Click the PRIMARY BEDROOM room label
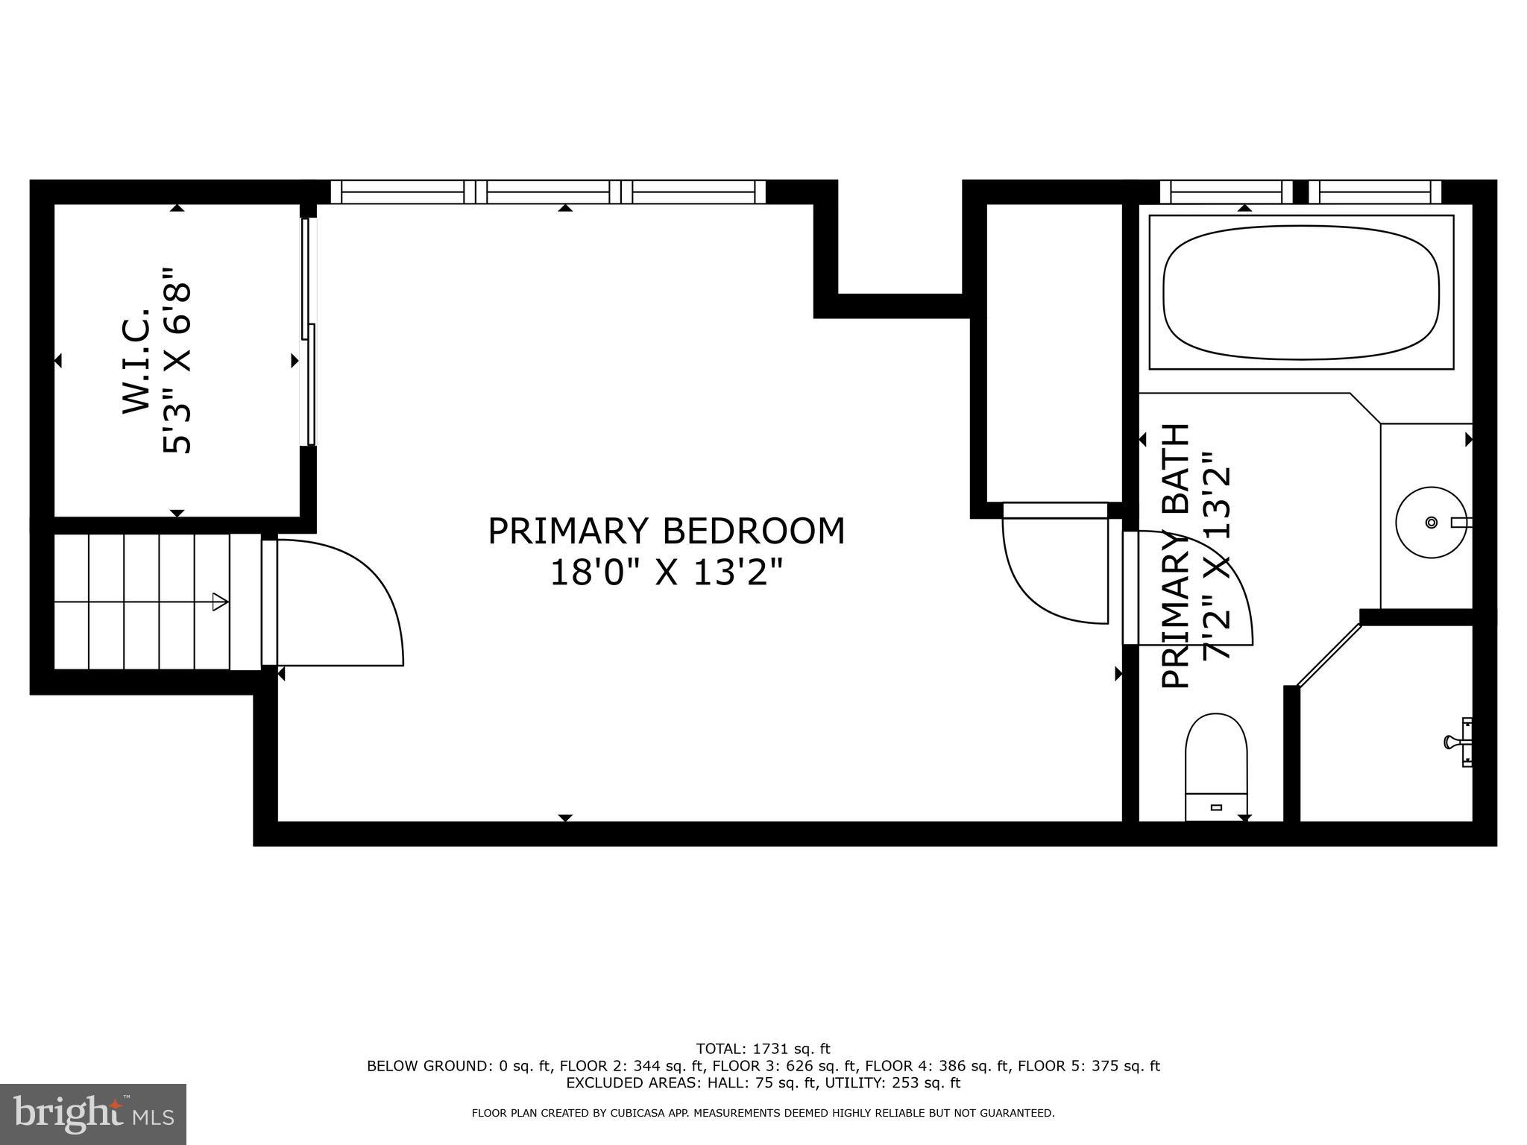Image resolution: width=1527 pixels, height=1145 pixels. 666,532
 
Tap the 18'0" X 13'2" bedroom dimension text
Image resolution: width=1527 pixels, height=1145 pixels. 666,573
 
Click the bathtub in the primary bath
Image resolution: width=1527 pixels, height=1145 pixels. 1300,291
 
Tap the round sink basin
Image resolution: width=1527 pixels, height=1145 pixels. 1429,522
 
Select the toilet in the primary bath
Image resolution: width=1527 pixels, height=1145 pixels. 1216,764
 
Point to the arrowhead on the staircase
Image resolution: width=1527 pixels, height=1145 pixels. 220,602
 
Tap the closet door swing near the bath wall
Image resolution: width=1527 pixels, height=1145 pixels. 1055,567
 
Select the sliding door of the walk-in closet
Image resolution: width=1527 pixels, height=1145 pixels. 308,332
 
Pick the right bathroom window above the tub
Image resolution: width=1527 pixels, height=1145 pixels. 1374,192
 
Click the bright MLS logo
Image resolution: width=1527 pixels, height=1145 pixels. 92,1114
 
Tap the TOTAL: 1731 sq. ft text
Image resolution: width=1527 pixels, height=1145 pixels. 763,1049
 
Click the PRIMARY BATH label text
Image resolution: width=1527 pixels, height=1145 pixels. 1176,555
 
